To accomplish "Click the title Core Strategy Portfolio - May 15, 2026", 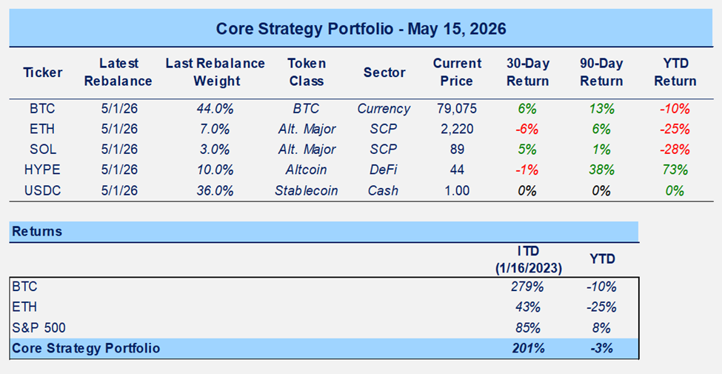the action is click(361, 29).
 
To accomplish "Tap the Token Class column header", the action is click(305, 73).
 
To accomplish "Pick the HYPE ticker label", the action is click(42, 170).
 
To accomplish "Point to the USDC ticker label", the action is click(42, 190).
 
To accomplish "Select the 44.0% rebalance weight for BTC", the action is click(215, 110).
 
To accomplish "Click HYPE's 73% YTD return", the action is click(675, 170).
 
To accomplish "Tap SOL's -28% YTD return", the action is click(675, 150).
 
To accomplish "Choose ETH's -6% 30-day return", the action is click(527, 130).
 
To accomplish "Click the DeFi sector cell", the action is click(384, 170).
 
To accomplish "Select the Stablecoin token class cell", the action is click(307, 190).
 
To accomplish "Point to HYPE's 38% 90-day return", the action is click(602, 170).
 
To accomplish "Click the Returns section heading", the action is click(37, 231).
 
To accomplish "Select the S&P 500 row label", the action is click(39, 327).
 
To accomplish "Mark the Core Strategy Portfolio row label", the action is click(86, 348).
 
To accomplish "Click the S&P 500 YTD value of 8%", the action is click(602, 327).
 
